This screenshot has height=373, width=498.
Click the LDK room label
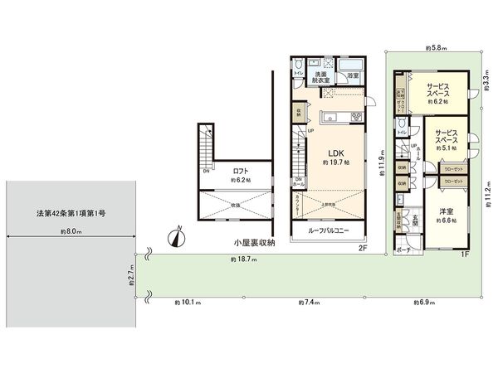point(335,153)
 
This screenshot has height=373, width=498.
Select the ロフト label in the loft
point(241,171)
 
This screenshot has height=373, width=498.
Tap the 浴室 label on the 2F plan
point(353,75)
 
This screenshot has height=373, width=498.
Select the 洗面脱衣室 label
point(321,79)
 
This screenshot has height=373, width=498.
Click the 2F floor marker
point(363,248)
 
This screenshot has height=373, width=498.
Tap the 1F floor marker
point(466,254)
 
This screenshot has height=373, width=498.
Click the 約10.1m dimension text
point(188,302)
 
